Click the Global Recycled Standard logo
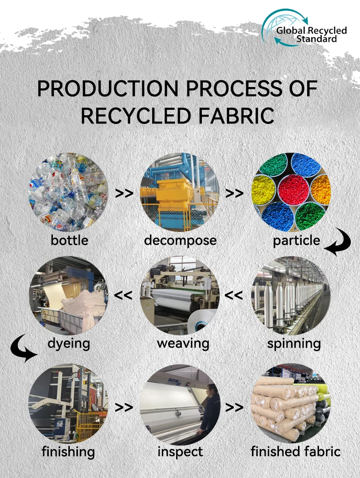303,28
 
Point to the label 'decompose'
180,240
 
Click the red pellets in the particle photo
293,192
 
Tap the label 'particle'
297,240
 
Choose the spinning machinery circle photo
292,296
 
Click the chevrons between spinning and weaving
234,295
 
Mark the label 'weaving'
183,343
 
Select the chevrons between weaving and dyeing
123,295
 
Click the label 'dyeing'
69,343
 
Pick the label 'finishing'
68,452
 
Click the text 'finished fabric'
296,452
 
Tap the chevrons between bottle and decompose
124,193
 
